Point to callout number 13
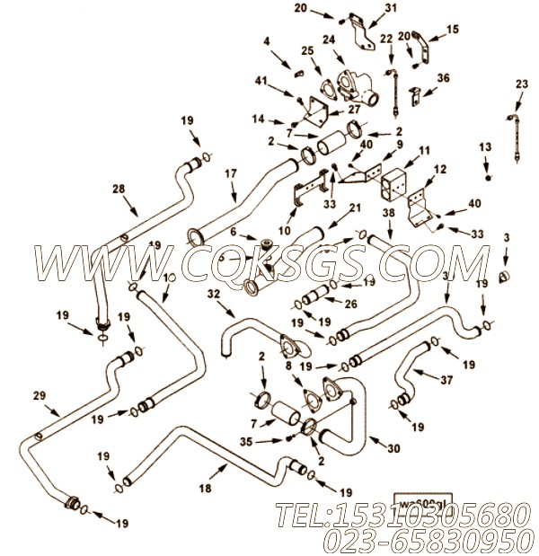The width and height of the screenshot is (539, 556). point(485,146)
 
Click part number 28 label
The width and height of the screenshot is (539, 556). point(119,189)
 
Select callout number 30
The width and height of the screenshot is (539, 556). point(392,449)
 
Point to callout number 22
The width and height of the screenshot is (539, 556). point(386,39)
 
